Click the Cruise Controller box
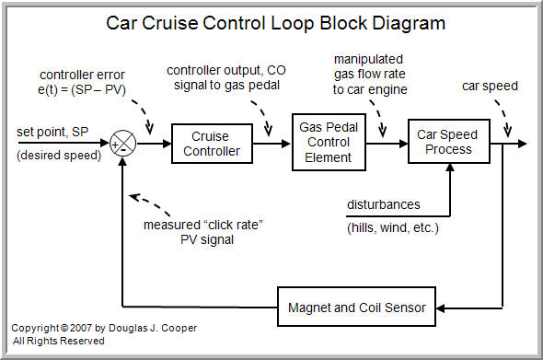coord(212,144)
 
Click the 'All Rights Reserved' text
coord(58,341)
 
